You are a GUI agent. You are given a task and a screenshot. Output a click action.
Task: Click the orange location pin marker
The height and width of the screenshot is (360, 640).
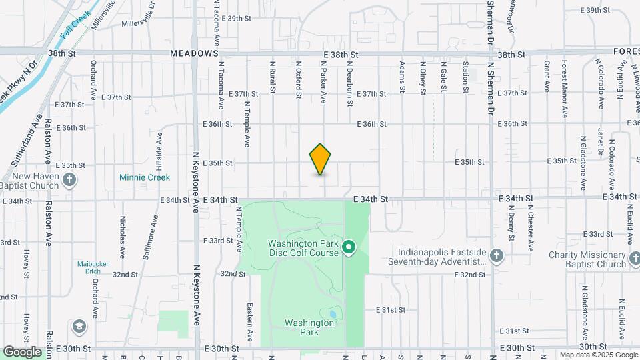(321, 159)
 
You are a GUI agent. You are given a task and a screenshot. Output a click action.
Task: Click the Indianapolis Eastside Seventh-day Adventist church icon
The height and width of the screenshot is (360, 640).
(495, 255)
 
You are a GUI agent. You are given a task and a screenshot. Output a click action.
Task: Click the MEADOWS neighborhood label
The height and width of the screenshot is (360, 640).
(194, 53)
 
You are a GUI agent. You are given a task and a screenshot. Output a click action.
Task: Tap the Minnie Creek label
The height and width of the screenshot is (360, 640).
(145, 177)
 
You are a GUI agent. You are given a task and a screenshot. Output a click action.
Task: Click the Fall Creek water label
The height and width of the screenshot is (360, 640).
(74, 27)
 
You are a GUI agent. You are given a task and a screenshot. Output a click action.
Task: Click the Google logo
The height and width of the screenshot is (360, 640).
(22, 351)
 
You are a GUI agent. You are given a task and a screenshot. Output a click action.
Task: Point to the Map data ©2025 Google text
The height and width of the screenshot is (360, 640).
(598, 355)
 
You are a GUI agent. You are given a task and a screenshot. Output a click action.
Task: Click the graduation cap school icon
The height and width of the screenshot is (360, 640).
(79, 326)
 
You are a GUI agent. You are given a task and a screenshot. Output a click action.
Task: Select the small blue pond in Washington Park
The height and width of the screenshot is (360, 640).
(332, 313)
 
